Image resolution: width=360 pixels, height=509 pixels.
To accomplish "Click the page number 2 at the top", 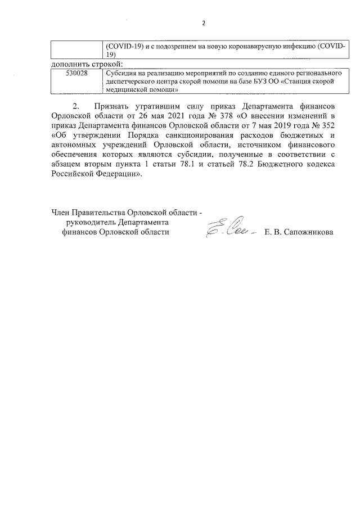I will tap(204, 24).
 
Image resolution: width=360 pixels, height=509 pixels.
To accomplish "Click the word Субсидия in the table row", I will tap(120, 73).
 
